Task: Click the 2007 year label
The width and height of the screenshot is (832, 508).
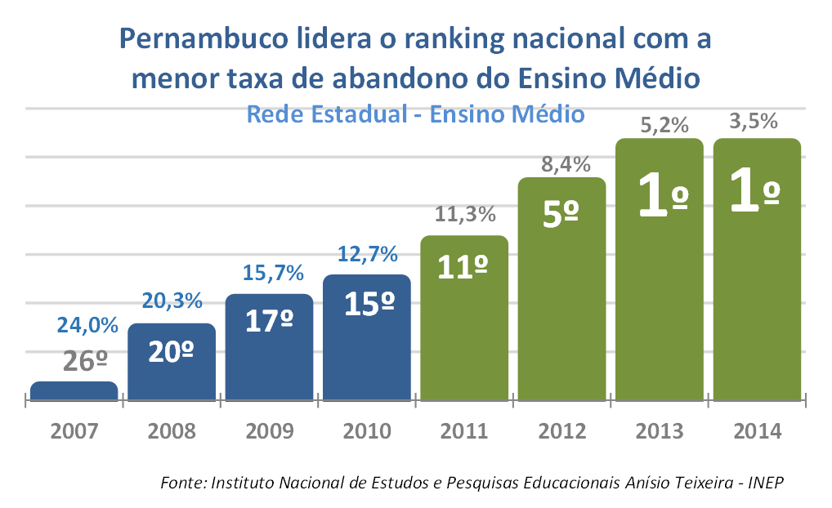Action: point(74,430)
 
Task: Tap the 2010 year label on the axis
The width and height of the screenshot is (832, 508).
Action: point(366,430)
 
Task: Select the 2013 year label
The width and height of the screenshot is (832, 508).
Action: point(659,430)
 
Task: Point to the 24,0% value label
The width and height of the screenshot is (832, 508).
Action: point(87,324)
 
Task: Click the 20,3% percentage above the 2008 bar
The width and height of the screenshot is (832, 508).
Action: point(172,301)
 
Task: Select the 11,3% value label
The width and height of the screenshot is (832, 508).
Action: point(465,216)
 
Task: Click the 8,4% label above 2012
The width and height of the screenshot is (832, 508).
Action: point(566,164)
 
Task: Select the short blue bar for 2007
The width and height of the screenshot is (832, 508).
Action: point(74,391)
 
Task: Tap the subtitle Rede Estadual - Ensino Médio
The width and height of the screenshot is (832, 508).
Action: point(415,114)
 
